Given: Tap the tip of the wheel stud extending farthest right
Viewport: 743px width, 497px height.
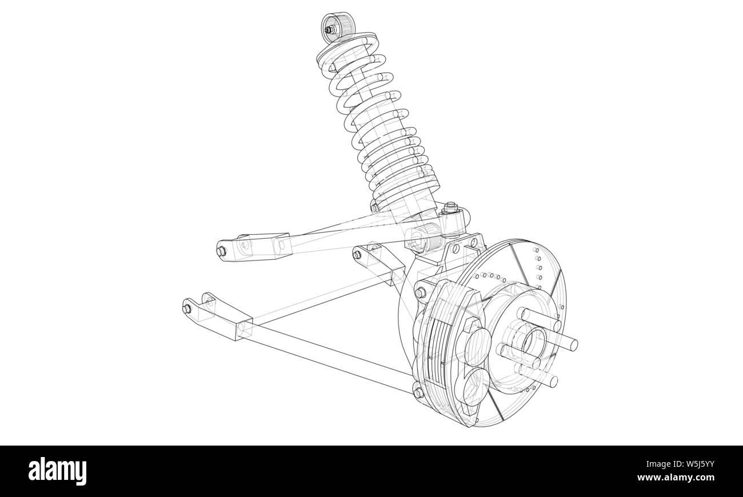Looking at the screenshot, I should pos(573,344).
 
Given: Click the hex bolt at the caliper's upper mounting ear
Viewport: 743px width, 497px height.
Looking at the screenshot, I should pos(421,292).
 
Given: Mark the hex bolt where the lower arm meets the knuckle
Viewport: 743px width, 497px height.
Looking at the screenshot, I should pos(418,392).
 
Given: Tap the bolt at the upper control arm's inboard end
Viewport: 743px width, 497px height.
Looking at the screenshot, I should pos(221,251).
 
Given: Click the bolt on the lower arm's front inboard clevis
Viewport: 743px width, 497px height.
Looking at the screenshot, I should pos(187,308).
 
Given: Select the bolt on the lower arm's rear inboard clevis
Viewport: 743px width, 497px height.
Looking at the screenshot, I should pos(358,254).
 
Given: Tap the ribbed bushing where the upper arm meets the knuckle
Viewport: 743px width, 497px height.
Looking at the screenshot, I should pos(422,237).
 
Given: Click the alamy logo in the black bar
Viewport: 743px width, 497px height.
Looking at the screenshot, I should pos(58,471).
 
